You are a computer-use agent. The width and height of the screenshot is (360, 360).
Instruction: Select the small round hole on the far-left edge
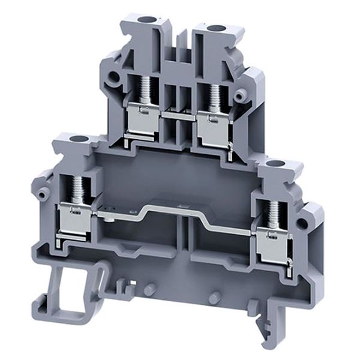tap(43, 193)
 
